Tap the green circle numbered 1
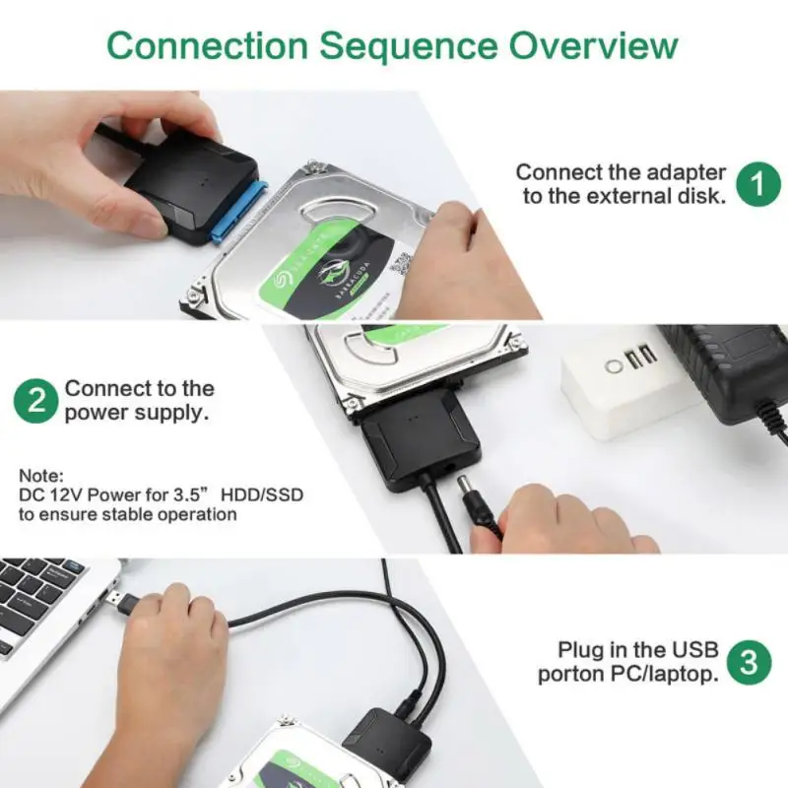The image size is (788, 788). tap(757, 183)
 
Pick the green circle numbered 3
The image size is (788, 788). tap(749, 662)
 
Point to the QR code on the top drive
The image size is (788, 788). tap(401, 264)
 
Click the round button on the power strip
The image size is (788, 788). tap(615, 366)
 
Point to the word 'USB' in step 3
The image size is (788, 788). tap(695, 650)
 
